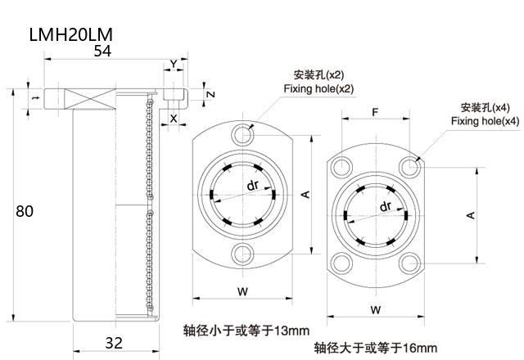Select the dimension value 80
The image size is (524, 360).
click(25, 211)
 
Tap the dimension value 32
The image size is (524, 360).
click(115, 343)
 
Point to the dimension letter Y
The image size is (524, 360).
click(173, 64)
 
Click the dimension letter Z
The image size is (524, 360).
click(210, 95)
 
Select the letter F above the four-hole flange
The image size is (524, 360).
click(374, 110)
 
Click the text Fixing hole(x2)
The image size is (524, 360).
click(318, 88)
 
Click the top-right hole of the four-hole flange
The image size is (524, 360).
click(409, 167)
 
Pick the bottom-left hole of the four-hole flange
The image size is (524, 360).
click(339, 263)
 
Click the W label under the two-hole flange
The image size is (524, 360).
click(242, 290)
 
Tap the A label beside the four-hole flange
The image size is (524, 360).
click(471, 214)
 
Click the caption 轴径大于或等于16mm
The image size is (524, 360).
click(375, 347)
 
